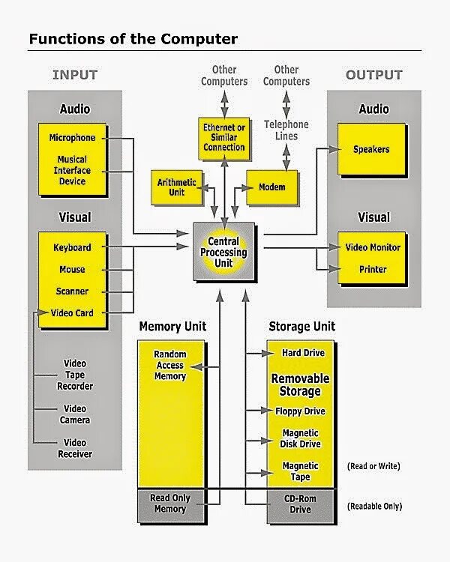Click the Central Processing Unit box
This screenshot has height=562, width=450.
coord(223,253)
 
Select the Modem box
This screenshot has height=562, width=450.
coord(271,187)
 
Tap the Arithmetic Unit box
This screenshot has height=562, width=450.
coord(177,187)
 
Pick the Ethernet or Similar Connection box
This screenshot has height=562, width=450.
coord(224,138)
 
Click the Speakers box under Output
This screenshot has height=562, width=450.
coord(371,149)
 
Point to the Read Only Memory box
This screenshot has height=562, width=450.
coord(170,504)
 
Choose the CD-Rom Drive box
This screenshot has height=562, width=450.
coord(300,504)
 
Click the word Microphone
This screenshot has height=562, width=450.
coord(73,138)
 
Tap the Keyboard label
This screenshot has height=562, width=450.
coord(73,247)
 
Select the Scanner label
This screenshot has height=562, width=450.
coord(73,291)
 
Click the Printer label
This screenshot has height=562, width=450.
coord(373,269)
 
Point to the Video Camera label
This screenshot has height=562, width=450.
coord(75,414)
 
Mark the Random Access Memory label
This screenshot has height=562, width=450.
coord(170,365)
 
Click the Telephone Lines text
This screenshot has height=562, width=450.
coord(286,130)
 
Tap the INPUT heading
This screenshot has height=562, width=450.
coord(75,75)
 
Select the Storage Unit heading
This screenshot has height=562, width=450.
coord(301,327)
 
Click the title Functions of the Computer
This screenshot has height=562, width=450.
coord(133,38)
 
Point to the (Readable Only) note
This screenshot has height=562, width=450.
coord(374,507)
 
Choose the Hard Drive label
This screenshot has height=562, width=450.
coord(303,352)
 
